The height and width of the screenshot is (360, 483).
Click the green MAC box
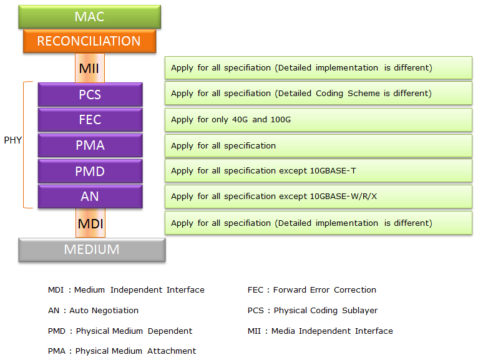pyautogui.click(x=90, y=17)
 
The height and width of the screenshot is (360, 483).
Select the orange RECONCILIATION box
pyautogui.click(x=90, y=41)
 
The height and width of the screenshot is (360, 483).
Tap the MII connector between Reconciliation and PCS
pyautogui.click(x=90, y=68)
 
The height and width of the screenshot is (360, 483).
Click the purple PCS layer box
pyautogui.click(x=90, y=95)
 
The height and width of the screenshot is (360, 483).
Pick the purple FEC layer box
pyautogui.click(x=90, y=120)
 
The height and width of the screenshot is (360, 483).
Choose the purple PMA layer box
pyautogui.click(x=90, y=145)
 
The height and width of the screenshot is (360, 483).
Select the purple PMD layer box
pyautogui.click(x=90, y=171)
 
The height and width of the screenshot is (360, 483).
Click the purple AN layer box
pyautogui.click(x=90, y=197)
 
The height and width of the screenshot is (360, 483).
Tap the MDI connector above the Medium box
pyautogui.click(x=90, y=223)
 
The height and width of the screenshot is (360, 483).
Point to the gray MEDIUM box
pyautogui.click(x=92, y=250)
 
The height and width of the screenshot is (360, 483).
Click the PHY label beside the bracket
pyautogui.click(x=12, y=140)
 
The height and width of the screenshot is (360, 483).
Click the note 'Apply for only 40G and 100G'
pyautogui.click(x=231, y=120)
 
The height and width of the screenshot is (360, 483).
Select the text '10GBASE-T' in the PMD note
pyautogui.click(x=333, y=170)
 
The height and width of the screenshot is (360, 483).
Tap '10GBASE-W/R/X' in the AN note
pyautogui.click(x=343, y=196)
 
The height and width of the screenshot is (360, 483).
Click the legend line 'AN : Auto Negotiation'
pyautogui.click(x=94, y=311)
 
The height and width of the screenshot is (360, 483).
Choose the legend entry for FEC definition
pyautogui.click(x=312, y=289)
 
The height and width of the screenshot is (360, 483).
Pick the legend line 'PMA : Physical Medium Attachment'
pyautogui.click(x=122, y=351)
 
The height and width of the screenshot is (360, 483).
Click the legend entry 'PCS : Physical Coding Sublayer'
pyautogui.click(x=313, y=311)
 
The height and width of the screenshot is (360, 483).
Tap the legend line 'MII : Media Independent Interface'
pyautogui.click(x=320, y=331)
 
